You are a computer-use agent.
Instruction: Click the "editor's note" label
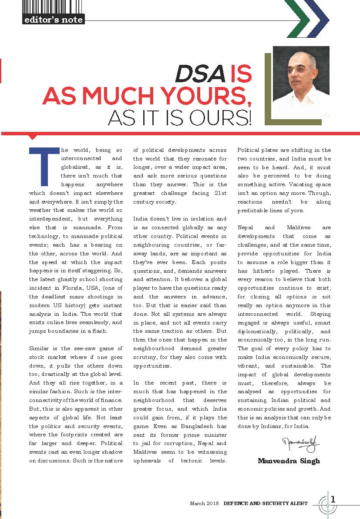point(53,20)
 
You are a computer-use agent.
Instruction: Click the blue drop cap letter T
point(43,166)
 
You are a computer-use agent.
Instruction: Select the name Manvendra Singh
point(289,461)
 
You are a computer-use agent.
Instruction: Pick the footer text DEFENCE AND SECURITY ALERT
point(266,503)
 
